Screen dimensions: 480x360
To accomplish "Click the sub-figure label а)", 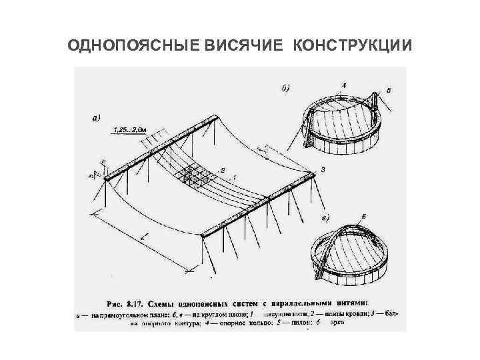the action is point(96,118).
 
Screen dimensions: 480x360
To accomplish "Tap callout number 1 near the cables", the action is point(234,177).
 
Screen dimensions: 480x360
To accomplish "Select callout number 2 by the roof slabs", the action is point(222,170).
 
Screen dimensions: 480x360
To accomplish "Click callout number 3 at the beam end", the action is point(323,170).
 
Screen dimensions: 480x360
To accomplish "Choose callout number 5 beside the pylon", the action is point(389,89).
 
